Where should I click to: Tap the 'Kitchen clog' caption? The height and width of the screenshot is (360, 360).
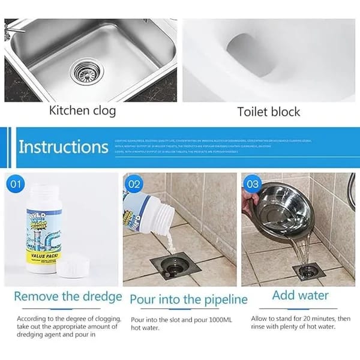pyautogui.click(x=82, y=111)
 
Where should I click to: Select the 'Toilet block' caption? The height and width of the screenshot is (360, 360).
pyautogui.click(x=268, y=112)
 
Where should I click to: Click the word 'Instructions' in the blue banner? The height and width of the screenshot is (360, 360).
pyautogui.click(x=63, y=147)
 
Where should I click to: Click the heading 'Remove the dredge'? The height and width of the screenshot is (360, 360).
pyautogui.click(x=68, y=296)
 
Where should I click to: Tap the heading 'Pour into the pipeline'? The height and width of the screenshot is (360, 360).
pyautogui.click(x=188, y=298)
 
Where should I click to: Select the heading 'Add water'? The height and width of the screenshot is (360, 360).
pyautogui.click(x=300, y=295)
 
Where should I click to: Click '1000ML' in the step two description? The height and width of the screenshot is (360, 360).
pyautogui.click(x=220, y=319)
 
